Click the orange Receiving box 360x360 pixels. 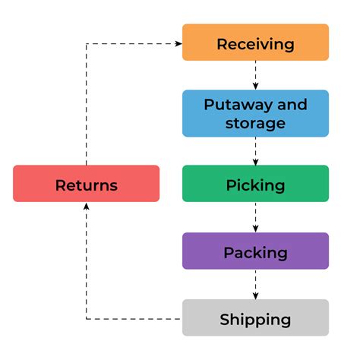(255, 43)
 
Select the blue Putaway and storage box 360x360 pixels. (255, 113)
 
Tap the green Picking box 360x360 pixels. (255, 185)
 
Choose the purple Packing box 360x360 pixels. (255, 251)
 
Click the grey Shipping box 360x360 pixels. (255, 318)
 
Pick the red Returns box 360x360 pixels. (86, 184)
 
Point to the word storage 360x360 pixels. (255, 123)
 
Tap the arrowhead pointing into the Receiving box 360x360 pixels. (178, 43)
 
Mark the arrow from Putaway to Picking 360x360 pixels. (255, 151)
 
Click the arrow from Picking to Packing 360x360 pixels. (255, 218)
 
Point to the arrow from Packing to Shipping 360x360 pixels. (255, 285)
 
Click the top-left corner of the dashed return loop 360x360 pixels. (86, 43)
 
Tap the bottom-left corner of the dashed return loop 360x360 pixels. (86, 318)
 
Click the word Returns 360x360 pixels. (86, 185)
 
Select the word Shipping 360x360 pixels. (255, 319)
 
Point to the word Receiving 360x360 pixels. (255, 43)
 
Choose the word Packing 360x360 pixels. (255, 252)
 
